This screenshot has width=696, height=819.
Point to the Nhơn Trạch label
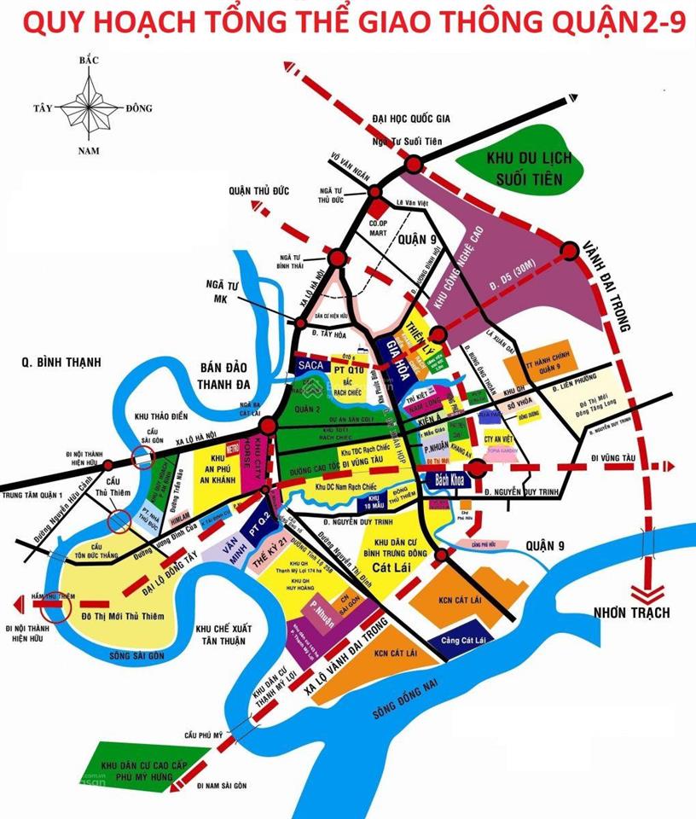[x=634, y=612]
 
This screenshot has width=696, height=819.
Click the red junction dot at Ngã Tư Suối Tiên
[x=414, y=164]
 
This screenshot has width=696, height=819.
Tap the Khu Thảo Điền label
[x=154, y=415]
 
